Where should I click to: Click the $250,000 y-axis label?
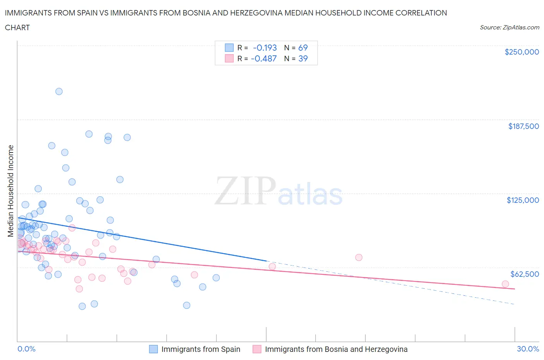[522, 52]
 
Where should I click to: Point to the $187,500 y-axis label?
[523, 126]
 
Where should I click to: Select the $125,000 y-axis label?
[523, 200]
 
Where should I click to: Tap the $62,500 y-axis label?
[525, 274]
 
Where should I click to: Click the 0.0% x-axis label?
[26, 349]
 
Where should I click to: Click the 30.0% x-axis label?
[528, 349]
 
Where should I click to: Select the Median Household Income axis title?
[11, 191]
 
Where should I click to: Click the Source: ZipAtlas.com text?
[509, 27]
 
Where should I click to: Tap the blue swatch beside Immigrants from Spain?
[153, 349]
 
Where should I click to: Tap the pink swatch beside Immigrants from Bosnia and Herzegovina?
[257, 349]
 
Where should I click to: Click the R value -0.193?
[265, 48]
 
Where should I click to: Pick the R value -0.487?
[263, 58]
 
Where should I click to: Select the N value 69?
[303, 48]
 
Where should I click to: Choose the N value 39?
[303, 58]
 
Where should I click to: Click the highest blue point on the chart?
[59, 91]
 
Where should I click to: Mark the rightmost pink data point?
[505, 284]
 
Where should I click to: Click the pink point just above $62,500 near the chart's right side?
[359, 257]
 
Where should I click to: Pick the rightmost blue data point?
[216, 278]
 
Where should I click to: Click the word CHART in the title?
[17, 27]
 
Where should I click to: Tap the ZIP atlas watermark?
[279, 191]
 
